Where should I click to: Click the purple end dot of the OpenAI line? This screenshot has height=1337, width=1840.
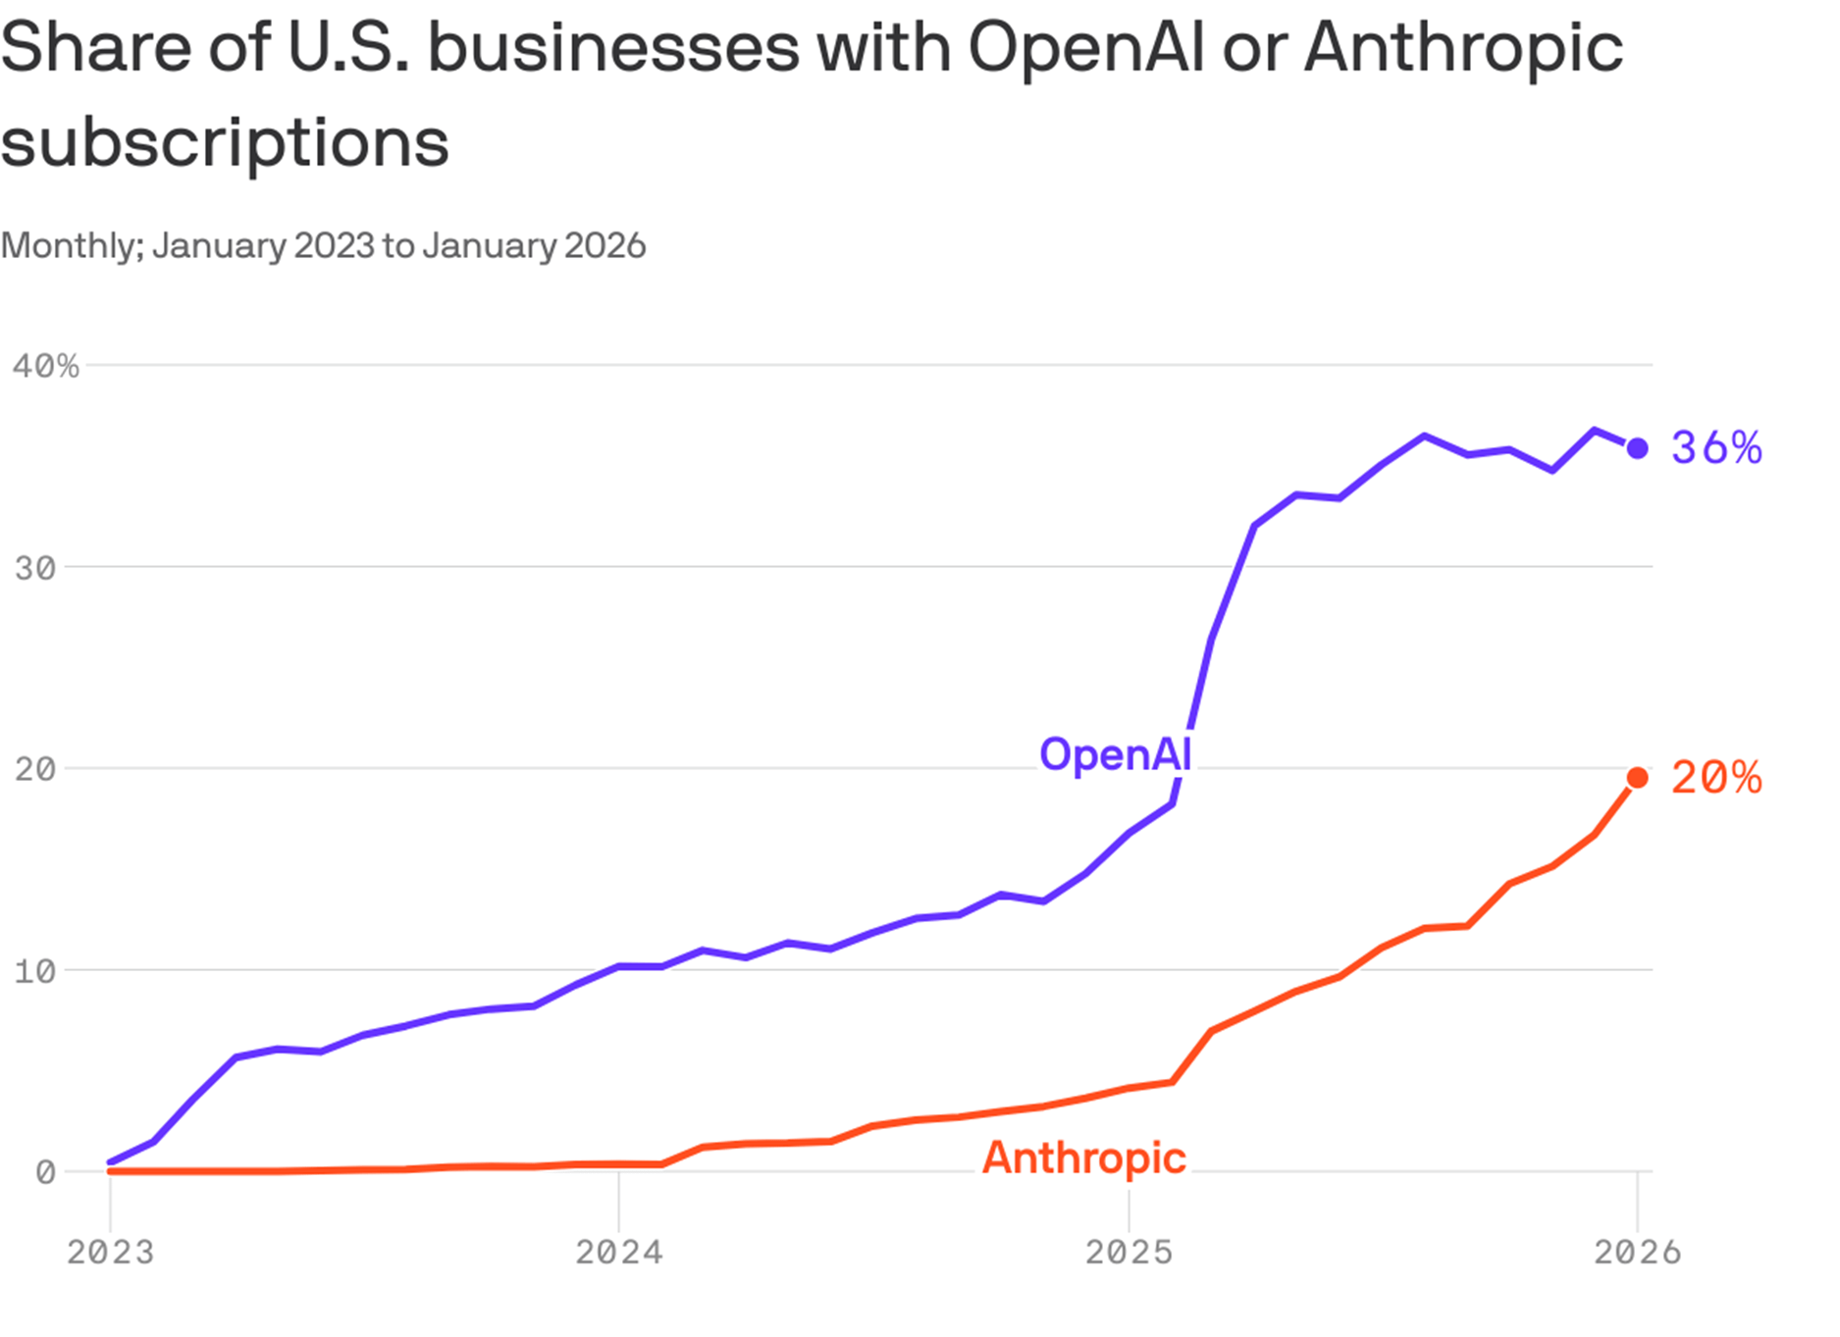click(x=1637, y=448)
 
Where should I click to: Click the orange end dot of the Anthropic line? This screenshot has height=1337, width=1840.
click(x=1637, y=778)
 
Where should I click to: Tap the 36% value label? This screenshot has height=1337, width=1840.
click(x=1715, y=448)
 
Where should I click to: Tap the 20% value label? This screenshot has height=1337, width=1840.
click(x=1715, y=778)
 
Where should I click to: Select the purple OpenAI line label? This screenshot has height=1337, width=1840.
click(x=1115, y=754)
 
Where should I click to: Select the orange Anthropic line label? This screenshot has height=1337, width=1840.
click(x=1083, y=1157)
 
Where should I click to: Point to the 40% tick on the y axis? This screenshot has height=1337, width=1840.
click(x=45, y=366)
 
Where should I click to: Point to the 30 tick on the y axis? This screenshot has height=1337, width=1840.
click(x=35, y=568)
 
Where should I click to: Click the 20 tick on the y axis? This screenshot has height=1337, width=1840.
click(x=35, y=769)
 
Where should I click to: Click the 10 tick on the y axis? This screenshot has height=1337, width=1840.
click(x=35, y=971)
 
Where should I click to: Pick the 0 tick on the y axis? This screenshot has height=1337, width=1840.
click(x=45, y=1172)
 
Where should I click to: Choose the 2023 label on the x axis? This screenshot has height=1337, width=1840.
click(x=110, y=1253)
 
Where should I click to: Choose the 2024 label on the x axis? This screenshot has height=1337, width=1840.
click(x=618, y=1253)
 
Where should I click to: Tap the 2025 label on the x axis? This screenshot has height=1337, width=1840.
click(x=1129, y=1253)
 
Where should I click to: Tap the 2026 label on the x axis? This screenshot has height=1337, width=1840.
click(x=1637, y=1253)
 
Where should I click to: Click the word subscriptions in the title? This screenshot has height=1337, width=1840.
click(x=225, y=143)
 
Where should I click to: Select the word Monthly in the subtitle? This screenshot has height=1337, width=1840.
click(x=72, y=245)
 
